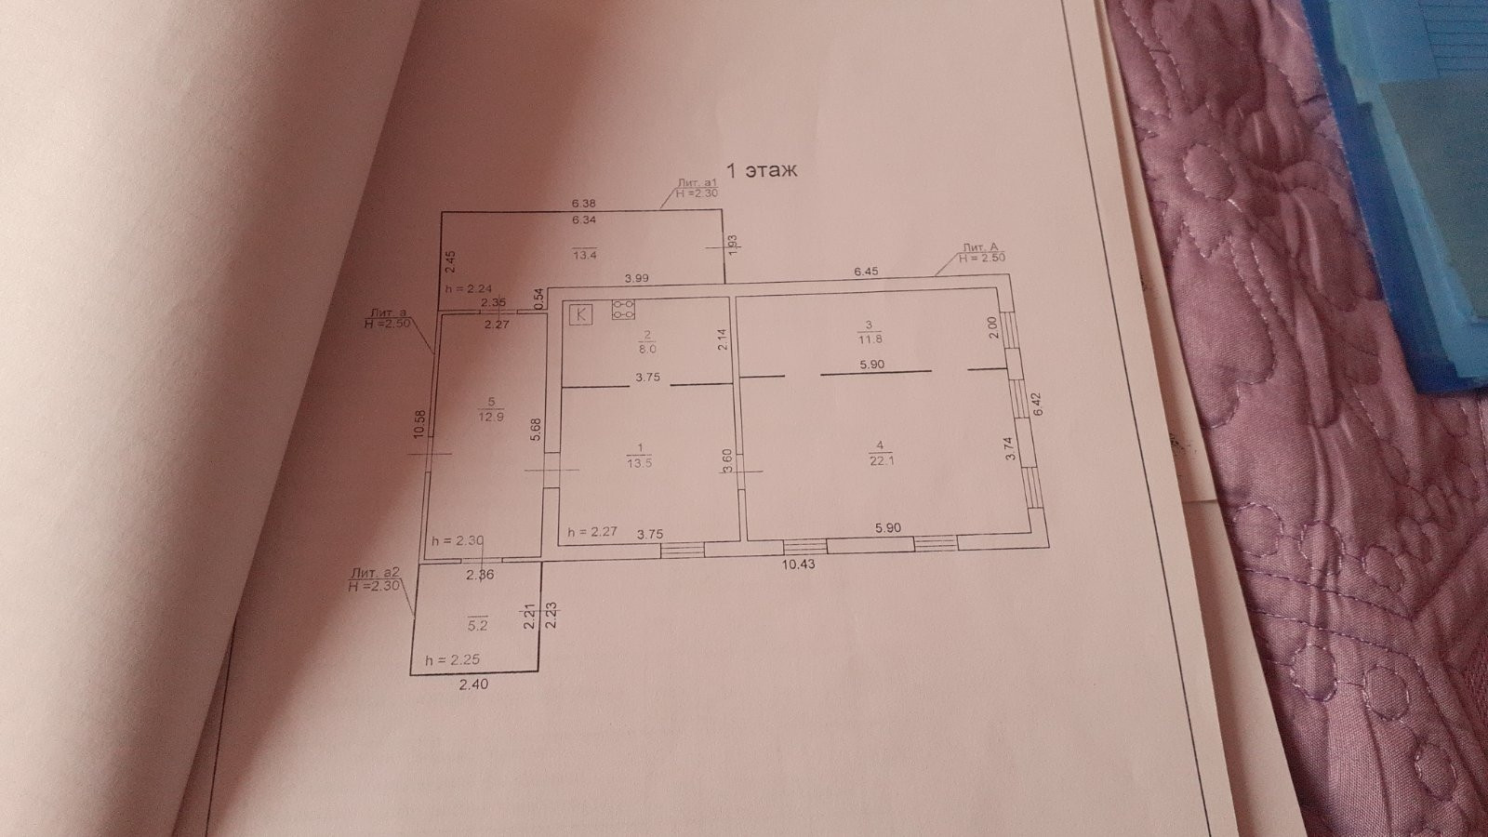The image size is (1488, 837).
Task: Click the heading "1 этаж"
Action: [x=762, y=171]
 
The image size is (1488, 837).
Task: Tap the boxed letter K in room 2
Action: [x=582, y=313]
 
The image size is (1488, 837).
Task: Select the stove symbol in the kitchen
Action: [x=622, y=310]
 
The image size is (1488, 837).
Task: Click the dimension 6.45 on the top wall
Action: [x=866, y=272]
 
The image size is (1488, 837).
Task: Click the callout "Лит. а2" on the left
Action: [x=376, y=579]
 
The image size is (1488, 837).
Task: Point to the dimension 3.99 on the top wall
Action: [x=636, y=278]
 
